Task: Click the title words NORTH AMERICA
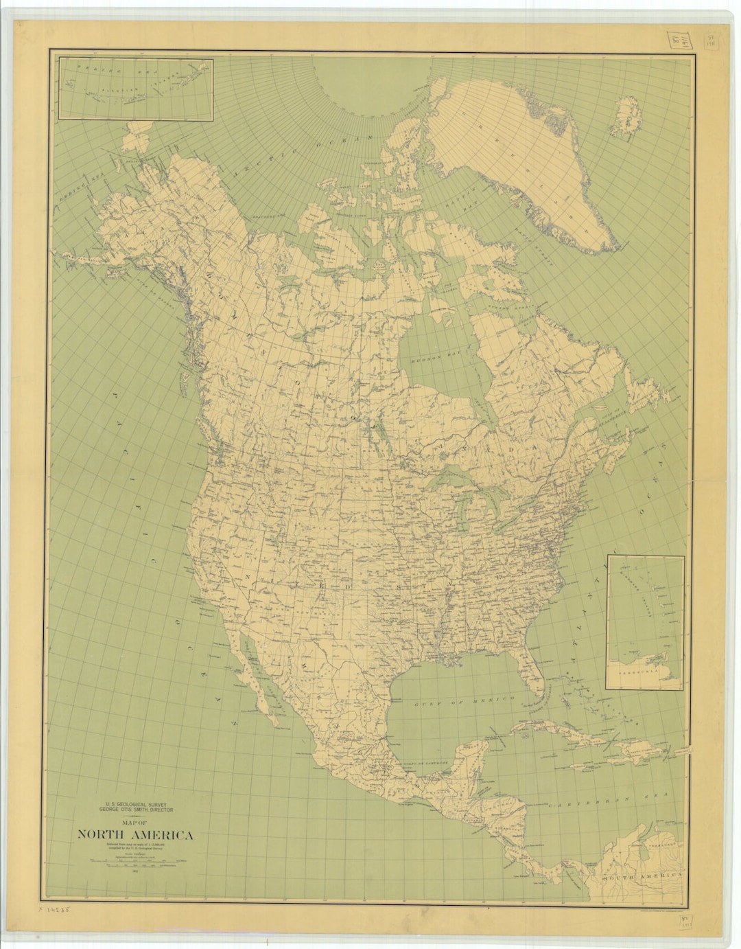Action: [x=135, y=835]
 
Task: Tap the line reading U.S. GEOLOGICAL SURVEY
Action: [x=135, y=803]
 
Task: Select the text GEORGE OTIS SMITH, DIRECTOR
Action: [x=135, y=810]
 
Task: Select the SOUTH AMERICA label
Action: [x=642, y=877]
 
